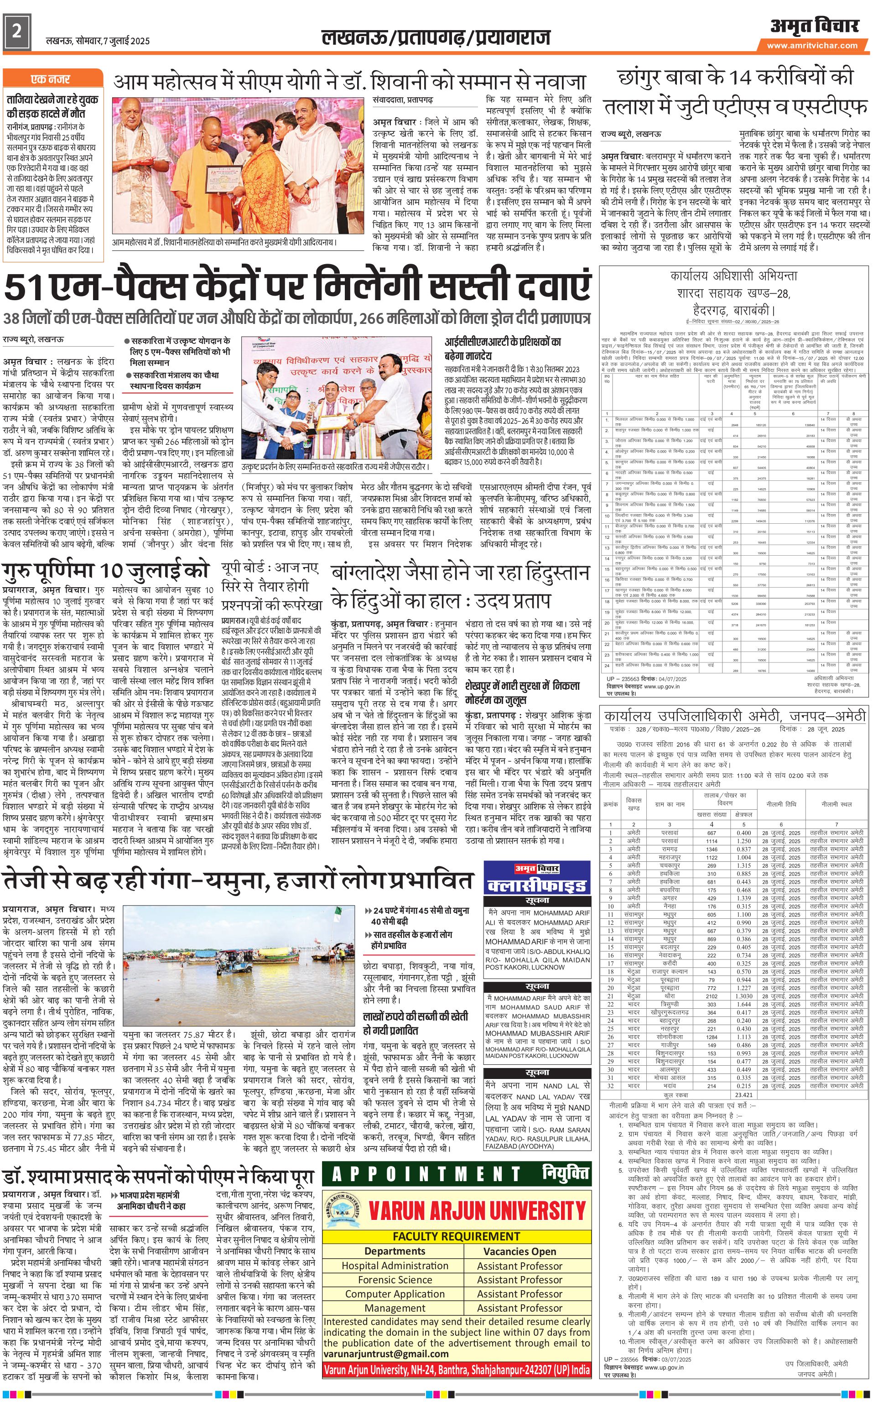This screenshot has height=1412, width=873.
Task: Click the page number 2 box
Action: tap(16, 32)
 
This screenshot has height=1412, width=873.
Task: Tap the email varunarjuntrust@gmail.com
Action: tap(386, 1353)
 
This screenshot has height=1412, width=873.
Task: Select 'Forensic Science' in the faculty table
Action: tap(395, 1280)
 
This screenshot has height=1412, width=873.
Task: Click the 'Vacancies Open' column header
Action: tap(520, 1251)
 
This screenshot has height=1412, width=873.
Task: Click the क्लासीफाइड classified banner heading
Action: tap(537, 886)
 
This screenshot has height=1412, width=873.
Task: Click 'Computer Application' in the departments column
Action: tap(395, 1294)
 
